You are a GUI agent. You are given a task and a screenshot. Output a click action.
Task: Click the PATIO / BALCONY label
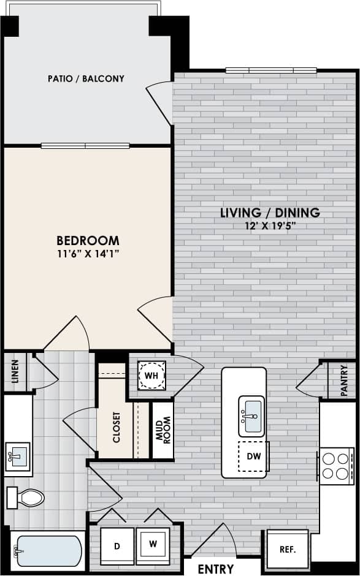coord(86,78)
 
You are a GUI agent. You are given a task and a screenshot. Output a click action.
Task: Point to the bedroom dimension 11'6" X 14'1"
coord(88,253)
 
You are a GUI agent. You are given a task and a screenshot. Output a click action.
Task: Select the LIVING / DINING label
coord(270,213)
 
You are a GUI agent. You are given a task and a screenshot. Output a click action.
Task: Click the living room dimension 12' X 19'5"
coord(270,225)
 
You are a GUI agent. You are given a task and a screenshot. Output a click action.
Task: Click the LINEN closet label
coord(16,371)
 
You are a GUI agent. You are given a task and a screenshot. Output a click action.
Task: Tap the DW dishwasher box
coord(253,457)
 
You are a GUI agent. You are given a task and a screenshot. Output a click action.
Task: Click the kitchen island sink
coord(251,416)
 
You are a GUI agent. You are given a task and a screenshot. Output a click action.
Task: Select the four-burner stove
coord(335,464)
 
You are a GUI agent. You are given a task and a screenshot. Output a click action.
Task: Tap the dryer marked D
coord(117,545)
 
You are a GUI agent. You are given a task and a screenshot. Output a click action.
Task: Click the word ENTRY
coord(216,569)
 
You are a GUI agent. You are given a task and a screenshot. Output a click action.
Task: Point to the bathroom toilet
coord(25,497)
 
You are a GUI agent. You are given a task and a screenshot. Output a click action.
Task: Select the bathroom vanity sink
coord(18,455)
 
